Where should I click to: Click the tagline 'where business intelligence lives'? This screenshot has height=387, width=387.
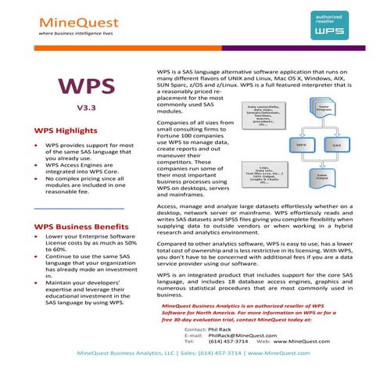pos(71,35)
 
